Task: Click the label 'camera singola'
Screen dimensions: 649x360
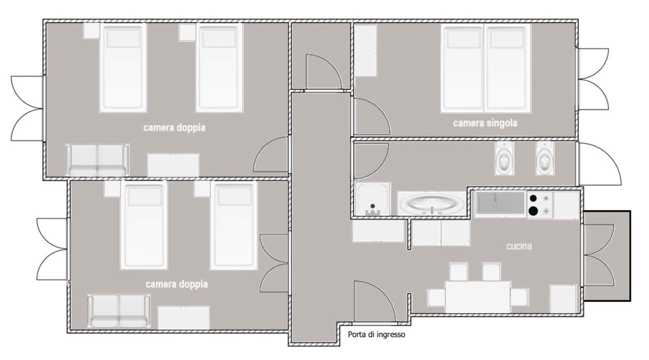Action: (485, 123)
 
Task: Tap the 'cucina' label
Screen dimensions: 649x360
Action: (519, 246)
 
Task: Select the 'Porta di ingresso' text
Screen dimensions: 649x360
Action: (376, 335)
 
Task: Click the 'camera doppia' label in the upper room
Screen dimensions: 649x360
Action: (174, 127)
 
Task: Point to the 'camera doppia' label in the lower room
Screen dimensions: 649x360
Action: (177, 284)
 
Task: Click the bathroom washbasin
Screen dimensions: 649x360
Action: (432, 203)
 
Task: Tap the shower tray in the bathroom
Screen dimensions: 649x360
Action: (372, 199)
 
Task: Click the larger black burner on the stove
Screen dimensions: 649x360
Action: (533, 211)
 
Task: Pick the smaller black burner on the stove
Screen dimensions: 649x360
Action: (533, 199)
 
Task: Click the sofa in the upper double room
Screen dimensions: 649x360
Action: (97, 160)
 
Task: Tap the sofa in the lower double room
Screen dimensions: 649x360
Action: (119, 311)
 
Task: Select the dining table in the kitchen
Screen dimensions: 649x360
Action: (478, 297)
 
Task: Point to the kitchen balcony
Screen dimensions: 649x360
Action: (607, 256)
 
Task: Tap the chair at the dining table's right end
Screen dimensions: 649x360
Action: (520, 297)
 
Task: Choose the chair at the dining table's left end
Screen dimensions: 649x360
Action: (437, 298)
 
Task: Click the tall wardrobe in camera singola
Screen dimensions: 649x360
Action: (366, 51)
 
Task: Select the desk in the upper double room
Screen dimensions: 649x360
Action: (173, 165)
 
